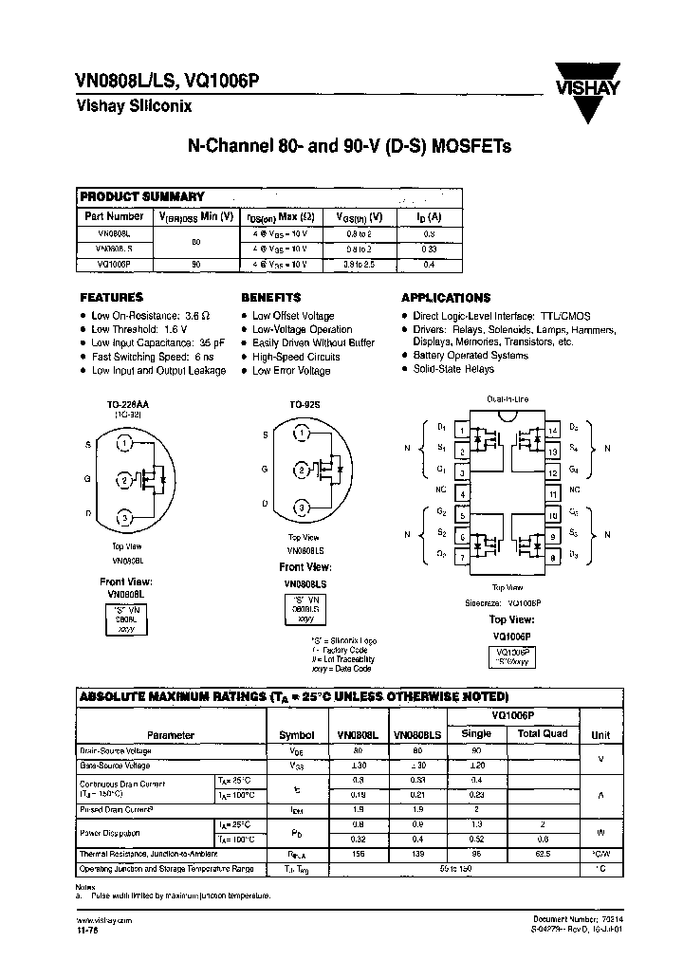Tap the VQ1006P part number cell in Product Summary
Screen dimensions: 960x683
coord(113,265)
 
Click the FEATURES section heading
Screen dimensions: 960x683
coord(111,297)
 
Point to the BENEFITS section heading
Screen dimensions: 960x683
coord(270,297)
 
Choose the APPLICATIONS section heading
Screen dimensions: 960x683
coord(446,297)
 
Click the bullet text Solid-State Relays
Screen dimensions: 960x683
coord(453,368)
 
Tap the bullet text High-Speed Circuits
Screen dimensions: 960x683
coord(296,357)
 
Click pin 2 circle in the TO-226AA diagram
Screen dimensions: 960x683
coord(124,479)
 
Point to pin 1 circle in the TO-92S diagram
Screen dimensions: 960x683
coord(301,434)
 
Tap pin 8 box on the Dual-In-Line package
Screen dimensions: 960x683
coord(553,557)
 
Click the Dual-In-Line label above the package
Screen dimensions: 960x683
coord(507,401)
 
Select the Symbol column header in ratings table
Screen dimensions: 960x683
coord(297,734)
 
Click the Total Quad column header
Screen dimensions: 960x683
coord(543,733)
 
